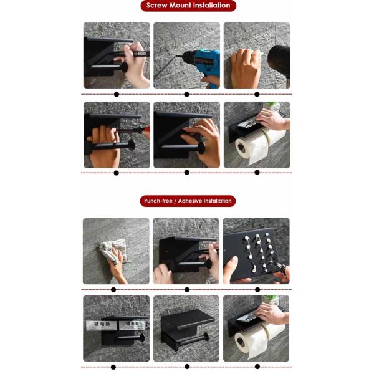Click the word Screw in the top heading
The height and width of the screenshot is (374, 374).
coord(158,6)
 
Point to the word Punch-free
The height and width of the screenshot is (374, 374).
coord(157,201)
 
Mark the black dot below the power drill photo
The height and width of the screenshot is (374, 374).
coord(186,94)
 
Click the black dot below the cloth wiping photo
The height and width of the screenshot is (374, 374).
coord(113,289)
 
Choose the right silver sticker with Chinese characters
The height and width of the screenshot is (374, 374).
coord(135,324)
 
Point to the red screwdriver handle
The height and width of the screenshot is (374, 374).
coord(145,132)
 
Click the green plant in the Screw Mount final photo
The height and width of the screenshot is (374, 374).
coord(272,107)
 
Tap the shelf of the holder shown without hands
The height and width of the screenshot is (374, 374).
coord(187,319)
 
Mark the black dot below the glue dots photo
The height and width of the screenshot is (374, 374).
coord(256,289)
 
